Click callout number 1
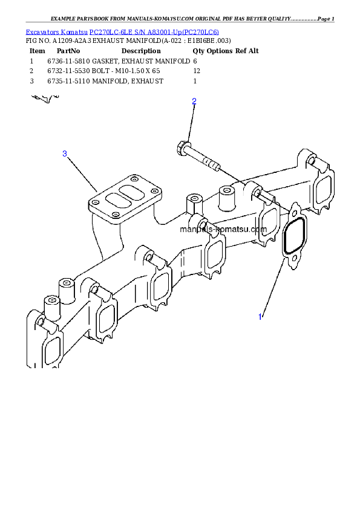(260, 317)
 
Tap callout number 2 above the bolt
(194, 101)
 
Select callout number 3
(65, 154)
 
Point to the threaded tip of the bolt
(213, 165)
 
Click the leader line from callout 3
(82, 171)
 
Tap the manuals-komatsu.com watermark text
(223, 230)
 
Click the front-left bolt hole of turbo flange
(97, 203)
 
